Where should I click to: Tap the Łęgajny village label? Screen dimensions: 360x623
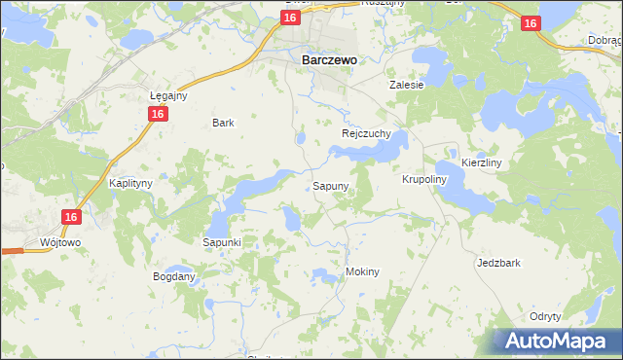[x=167, y=95]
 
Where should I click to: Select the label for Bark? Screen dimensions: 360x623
[x=224, y=123]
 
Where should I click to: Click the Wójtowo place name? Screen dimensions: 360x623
[x=58, y=240]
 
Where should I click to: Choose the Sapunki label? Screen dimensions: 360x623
[x=222, y=241]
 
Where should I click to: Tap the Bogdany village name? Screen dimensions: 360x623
[x=174, y=276]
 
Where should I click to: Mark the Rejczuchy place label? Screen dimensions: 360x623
[x=366, y=133]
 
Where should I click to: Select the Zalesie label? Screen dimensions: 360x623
[x=407, y=85]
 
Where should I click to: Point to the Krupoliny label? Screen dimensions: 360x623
[x=423, y=179]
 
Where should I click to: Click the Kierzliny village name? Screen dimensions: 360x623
[x=481, y=162]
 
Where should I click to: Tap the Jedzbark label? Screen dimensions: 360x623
[x=497, y=263]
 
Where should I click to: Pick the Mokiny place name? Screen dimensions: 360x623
[x=361, y=271]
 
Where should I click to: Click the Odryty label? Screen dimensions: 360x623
[x=545, y=316]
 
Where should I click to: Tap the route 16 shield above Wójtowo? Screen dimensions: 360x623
[x=70, y=218]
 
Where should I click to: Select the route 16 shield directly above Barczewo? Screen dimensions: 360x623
[x=290, y=18]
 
